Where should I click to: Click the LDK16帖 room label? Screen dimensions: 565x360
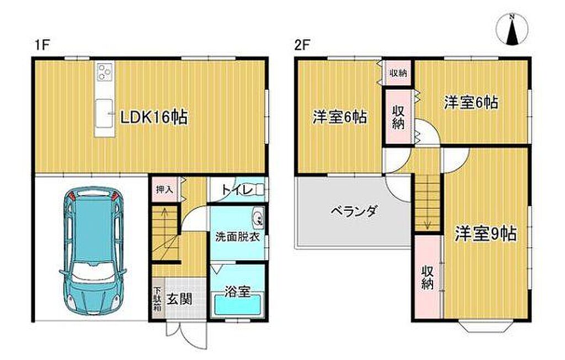(153, 117)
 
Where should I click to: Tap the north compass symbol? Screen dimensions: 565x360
(511, 30)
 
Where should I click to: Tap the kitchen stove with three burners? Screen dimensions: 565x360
(105, 71)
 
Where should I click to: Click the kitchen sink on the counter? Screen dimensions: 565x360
(104, 113)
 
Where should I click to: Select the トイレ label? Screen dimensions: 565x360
(236, 190)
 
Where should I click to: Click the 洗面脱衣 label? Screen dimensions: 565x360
(237, 238)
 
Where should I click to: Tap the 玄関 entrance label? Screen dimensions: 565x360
(179, 299)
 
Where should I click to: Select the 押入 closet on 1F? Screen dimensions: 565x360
(164, 189)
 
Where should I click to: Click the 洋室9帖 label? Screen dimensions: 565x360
(485, 234)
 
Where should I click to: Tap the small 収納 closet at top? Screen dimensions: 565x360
(398, 73)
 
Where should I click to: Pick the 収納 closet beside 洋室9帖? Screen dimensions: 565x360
(428, 277)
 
